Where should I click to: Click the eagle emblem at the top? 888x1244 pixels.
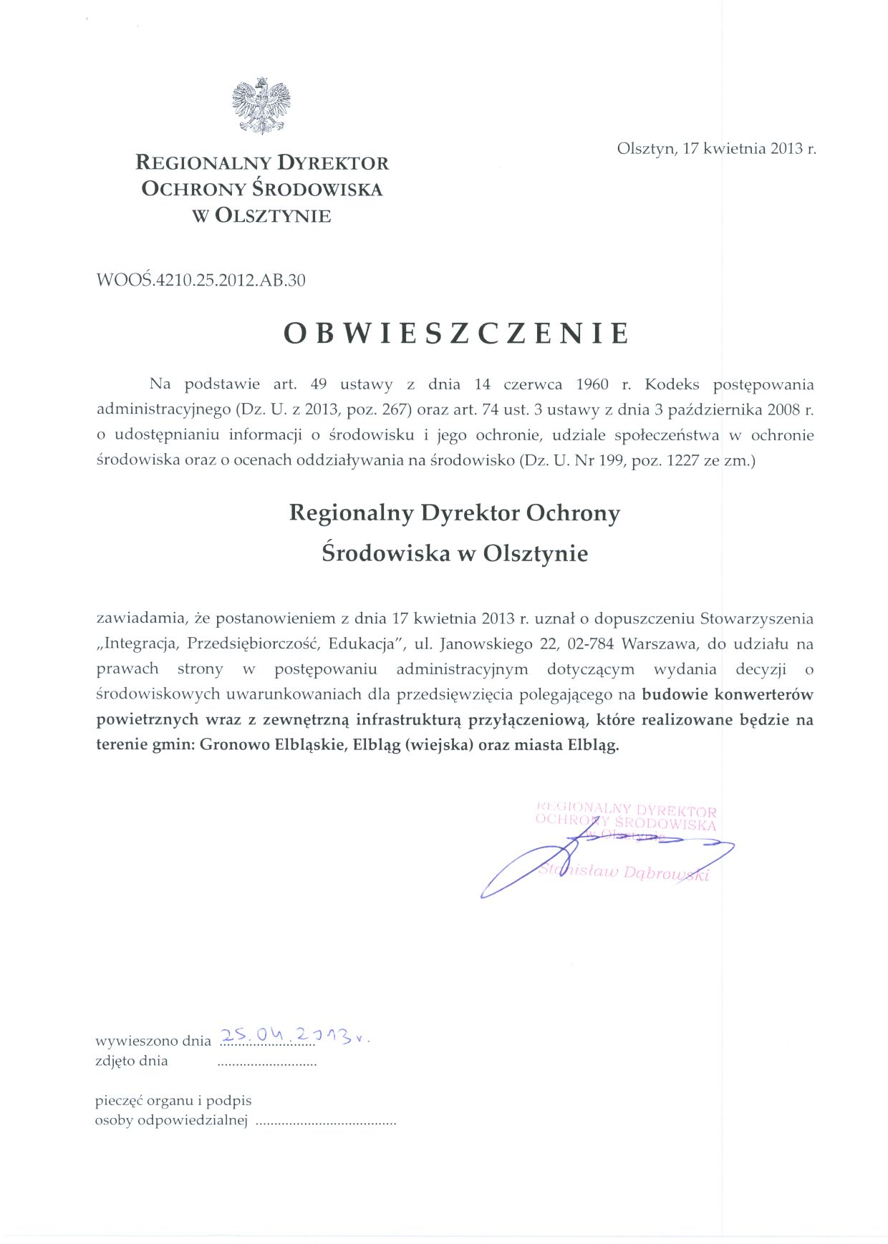[261, 105]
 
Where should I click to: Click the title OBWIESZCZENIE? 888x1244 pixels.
[457, 334]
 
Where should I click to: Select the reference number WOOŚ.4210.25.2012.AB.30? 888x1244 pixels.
[201, 280]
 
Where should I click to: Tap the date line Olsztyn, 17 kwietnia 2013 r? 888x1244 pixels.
[716, 149]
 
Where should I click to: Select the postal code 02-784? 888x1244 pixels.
[590, 643]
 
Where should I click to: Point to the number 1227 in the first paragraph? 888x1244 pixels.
[683, 460]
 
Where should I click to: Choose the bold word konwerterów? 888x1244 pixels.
[764, 694]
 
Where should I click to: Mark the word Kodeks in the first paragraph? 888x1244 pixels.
[672, 384]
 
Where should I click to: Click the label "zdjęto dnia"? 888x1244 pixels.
[132, 1061]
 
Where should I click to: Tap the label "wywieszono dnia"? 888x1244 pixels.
[153, 1041]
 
